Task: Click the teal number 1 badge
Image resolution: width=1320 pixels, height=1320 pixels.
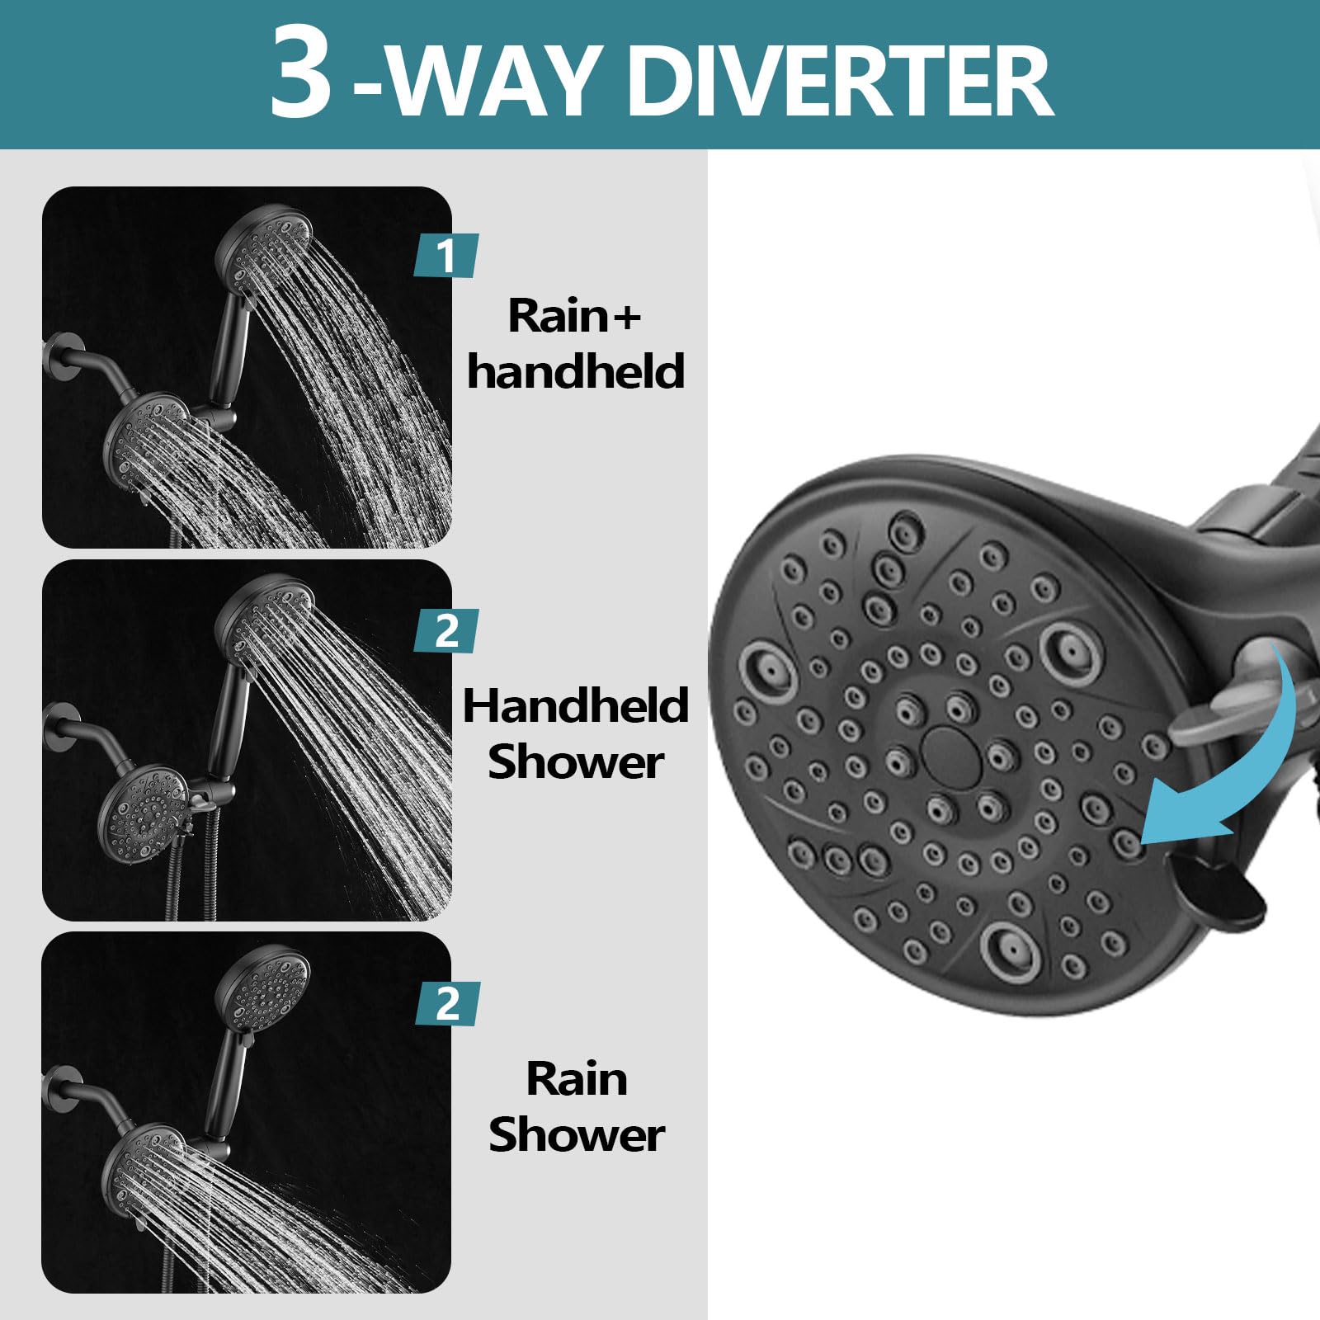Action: [445, 256]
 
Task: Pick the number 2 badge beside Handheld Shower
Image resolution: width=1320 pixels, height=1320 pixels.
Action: [446, 631]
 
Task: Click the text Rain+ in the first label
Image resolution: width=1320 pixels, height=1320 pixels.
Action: [574, 315]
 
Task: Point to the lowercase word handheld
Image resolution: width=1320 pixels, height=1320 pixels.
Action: [576, 371]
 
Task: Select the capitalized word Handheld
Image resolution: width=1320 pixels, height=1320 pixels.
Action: [576, 706]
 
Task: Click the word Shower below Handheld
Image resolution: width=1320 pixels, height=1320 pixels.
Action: [576, 762]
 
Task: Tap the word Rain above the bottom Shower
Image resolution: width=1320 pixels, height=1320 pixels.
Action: [577, 1079]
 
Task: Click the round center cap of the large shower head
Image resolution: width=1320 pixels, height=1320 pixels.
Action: [945, 749]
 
